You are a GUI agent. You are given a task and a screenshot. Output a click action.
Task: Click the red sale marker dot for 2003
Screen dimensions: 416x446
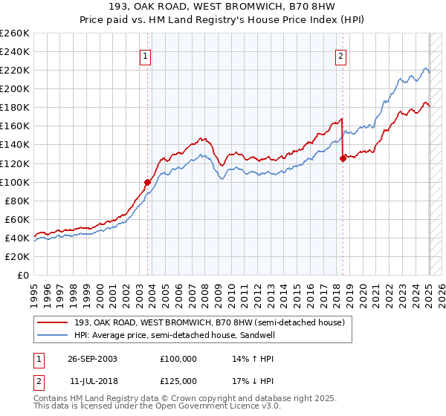pos(147,181)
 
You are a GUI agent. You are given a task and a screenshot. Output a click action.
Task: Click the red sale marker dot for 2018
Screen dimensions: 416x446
pos(343,157)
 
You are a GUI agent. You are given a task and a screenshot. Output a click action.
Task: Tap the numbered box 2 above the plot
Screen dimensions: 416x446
pos(340,55)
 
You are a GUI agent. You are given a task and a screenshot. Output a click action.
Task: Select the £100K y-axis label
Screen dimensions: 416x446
pos(15,182)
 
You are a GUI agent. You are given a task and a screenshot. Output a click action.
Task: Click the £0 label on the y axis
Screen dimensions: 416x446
pos(22,275)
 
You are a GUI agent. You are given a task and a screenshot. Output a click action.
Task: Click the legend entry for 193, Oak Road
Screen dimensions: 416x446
pos(209,322)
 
